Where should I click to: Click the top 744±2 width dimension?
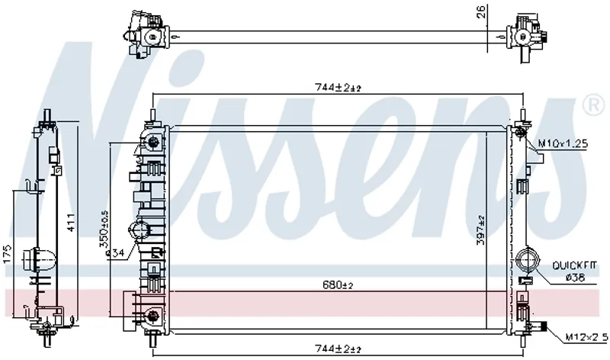point(338,88)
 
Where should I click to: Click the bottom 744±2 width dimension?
point(338,349)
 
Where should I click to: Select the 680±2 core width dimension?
point(338,285)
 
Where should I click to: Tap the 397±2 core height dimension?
point(481,230)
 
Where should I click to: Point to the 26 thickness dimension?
point(482,11)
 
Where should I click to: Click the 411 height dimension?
point(72,223)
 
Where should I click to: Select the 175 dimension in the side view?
point(8,254)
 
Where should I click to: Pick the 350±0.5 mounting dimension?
point(104,229)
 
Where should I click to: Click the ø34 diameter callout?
point(115,253)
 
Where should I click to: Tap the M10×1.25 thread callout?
point(563,144)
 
